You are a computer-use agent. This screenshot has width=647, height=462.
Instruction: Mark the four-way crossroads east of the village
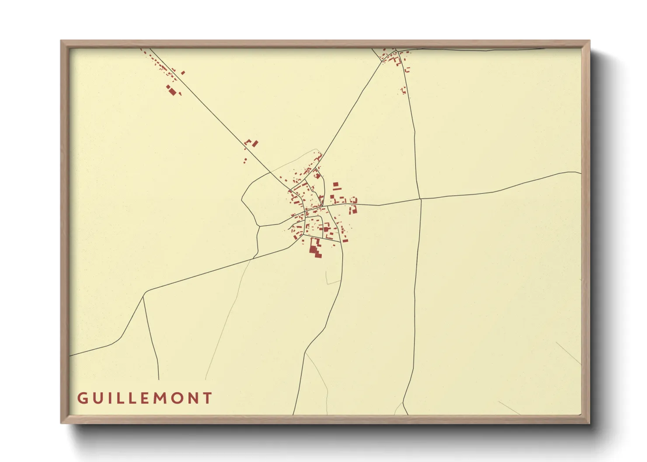pos(420,199)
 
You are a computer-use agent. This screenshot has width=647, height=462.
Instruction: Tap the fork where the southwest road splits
pos(143,296)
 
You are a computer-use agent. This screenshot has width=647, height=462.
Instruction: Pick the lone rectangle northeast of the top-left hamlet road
pos(183,72)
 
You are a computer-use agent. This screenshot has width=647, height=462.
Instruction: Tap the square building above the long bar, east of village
pos(336,185)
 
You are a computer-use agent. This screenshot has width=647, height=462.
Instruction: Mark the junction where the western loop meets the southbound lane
pos(259,226)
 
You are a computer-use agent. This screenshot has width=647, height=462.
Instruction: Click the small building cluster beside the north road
pos(404,90)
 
